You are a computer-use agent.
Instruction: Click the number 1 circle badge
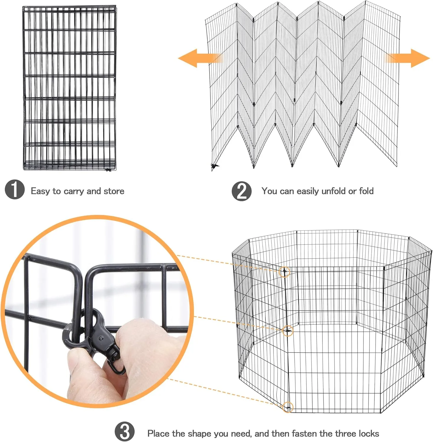click(15, 189)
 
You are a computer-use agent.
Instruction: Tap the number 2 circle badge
click(242, 191)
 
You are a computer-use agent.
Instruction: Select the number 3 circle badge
click(125, 432)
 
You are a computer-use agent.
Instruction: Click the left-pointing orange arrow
click(200, 58)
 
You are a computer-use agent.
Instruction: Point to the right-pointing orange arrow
click(408, 58)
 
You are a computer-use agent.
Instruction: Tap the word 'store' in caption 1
click(114, 191)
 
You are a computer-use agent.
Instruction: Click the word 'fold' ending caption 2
click(366, 191)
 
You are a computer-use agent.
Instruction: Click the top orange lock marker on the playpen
click(284, 272)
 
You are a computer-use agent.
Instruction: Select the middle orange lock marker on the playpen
click(288, 331)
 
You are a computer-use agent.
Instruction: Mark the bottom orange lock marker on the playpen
click(288, 407)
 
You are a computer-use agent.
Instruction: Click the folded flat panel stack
click(69, 88)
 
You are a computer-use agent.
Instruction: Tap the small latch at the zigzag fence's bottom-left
click(215, 166)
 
